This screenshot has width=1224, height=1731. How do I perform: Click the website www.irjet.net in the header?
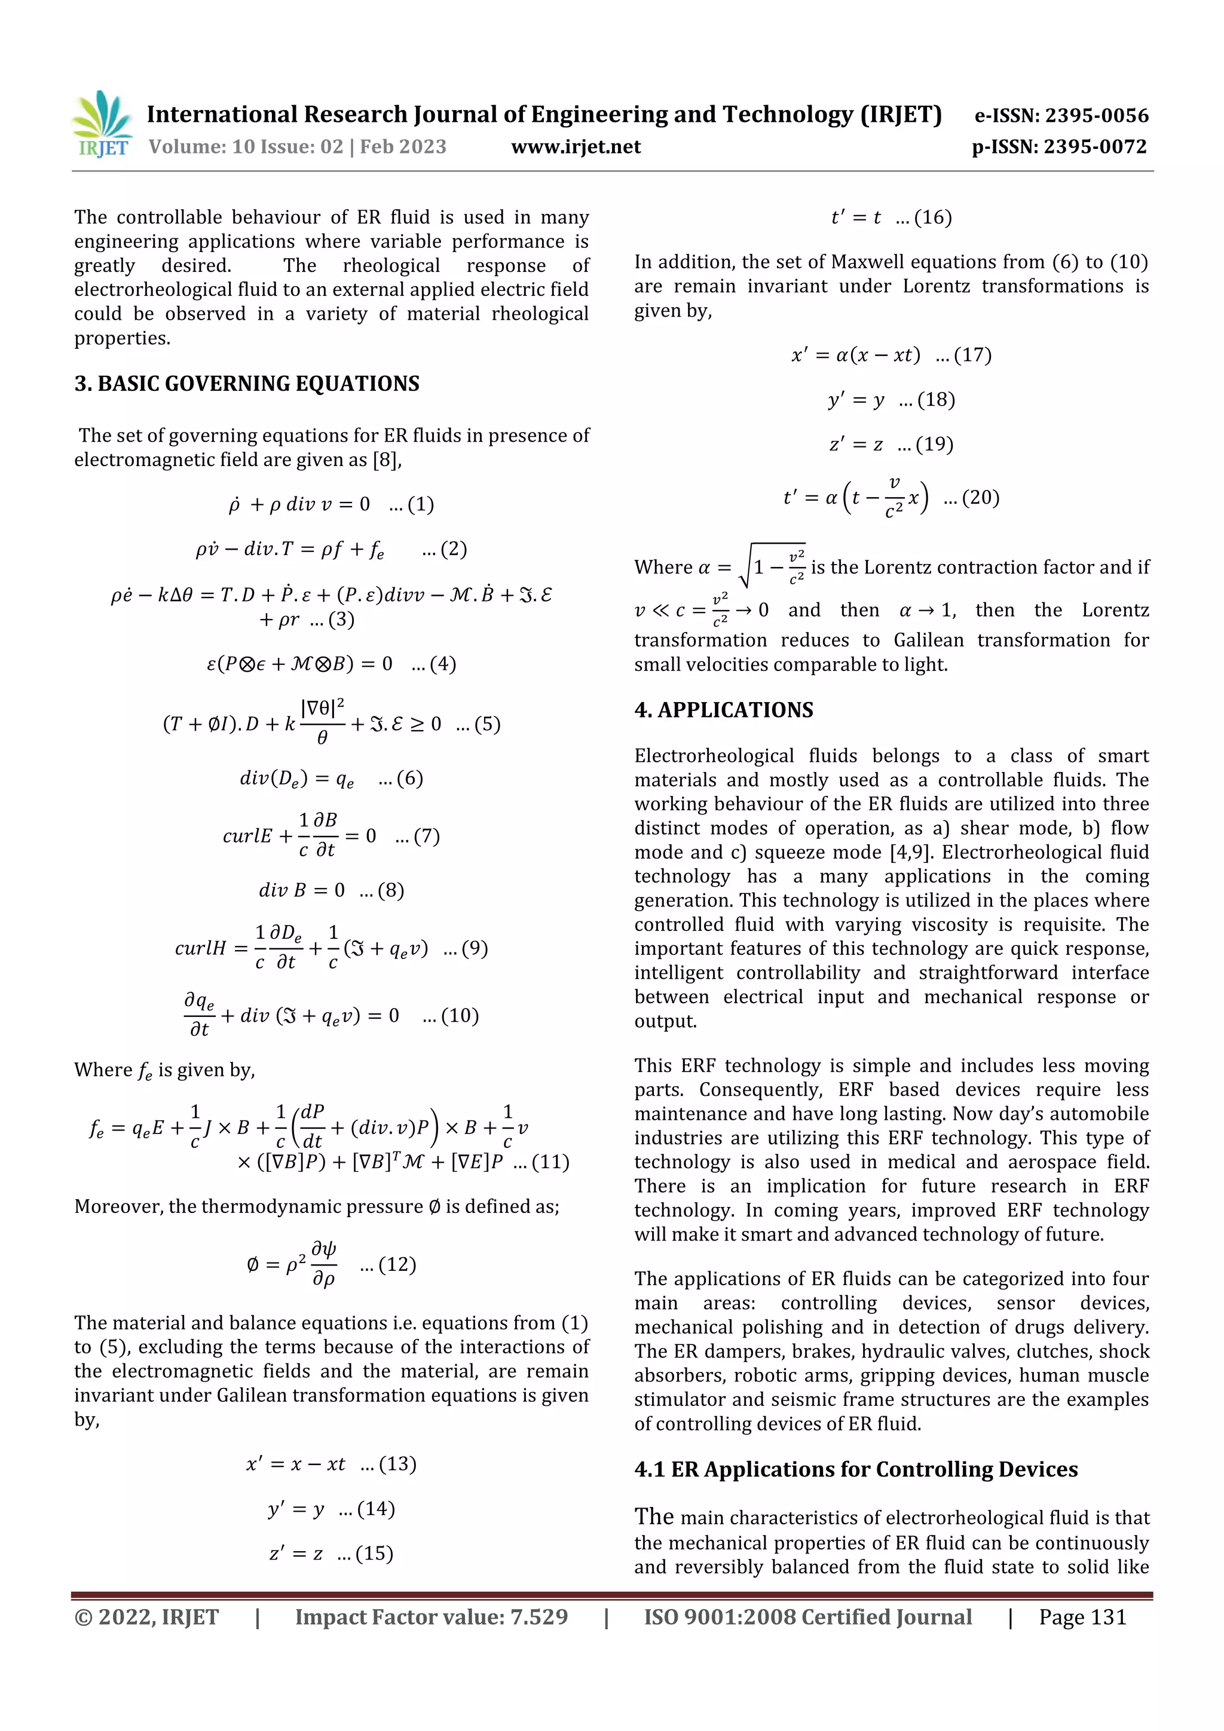point(576,147)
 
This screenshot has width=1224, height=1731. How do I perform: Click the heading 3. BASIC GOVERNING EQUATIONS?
point(247,384)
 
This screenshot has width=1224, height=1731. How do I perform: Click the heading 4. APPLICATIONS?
point(723,710)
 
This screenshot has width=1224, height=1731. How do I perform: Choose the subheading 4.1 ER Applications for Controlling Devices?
point(856,1469)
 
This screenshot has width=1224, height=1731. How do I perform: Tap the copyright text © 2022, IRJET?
point(146,1617)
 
